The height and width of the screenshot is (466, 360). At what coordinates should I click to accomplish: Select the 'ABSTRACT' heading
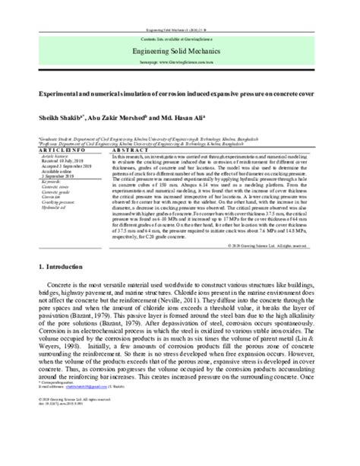[128, 151]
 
